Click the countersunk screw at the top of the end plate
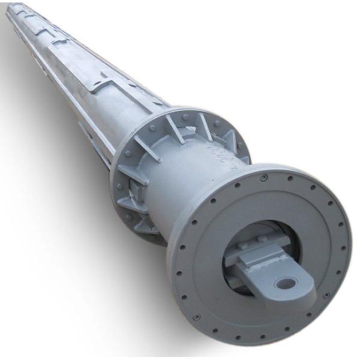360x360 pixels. click(263, 177)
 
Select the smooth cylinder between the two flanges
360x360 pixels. click(180, 180)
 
